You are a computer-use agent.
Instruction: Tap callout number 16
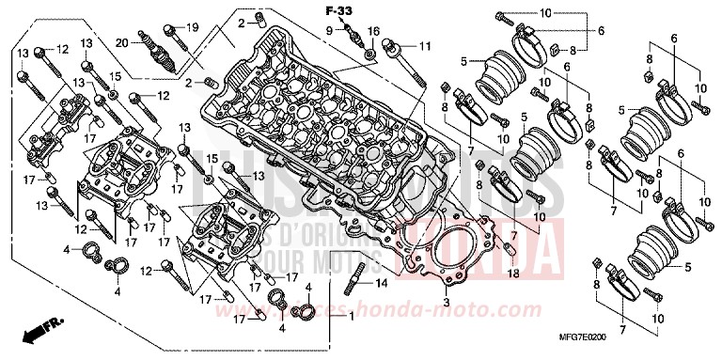374,31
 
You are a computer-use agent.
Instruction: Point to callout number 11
425,46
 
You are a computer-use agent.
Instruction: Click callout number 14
382,282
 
